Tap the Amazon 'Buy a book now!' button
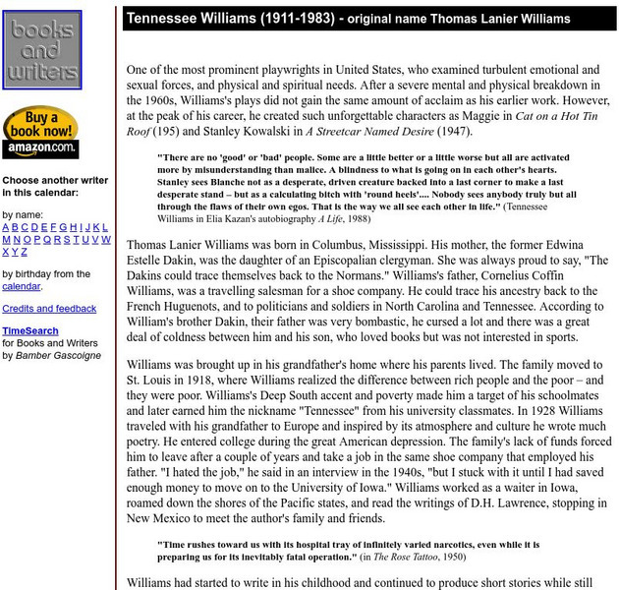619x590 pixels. pyautogui.click(x=40, y=132)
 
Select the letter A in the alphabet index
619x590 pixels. pyautogui.click(x=6, y=227)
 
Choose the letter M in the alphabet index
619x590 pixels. pyautogui.click(x=7, y=239)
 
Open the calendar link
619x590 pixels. pyautogui.click(x=21, y=286)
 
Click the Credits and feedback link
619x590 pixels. pyautogui.click(x=49, y=309)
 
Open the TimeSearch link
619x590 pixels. pyautogui.click(x=30, y=331)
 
